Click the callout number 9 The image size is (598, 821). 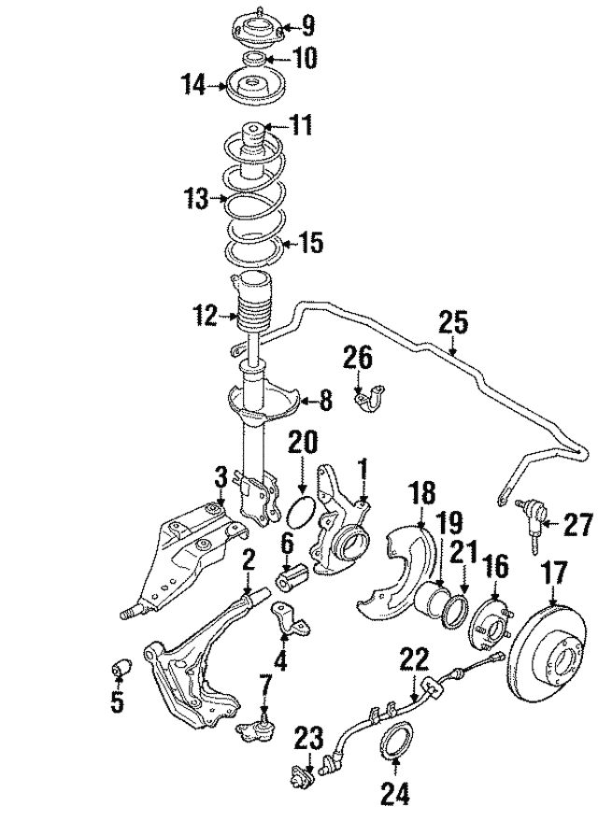307,26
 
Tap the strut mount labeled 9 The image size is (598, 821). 258,33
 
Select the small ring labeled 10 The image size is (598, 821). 255,58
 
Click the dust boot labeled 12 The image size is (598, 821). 255,304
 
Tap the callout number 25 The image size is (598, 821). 453,323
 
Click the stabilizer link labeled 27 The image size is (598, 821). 530,524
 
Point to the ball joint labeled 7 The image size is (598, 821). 252,729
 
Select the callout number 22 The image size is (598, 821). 415,660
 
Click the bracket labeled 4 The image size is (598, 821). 290,619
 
